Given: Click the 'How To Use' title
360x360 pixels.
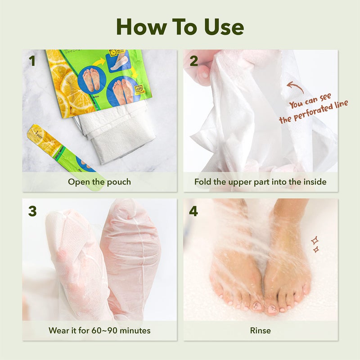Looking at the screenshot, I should point(180,27).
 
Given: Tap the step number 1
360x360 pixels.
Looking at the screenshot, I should point(31,61).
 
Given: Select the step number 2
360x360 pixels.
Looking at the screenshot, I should point(193,61).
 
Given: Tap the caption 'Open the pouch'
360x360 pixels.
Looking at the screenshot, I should point(99,182).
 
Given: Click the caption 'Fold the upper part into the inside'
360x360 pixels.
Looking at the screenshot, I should point(261,182).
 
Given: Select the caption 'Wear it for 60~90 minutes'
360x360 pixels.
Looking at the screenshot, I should point(99,331).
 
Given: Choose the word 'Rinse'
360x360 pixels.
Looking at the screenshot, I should point(261,331).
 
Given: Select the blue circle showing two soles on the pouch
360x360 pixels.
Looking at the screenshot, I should point(92,79).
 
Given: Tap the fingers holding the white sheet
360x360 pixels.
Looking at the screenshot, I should point(202,67).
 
